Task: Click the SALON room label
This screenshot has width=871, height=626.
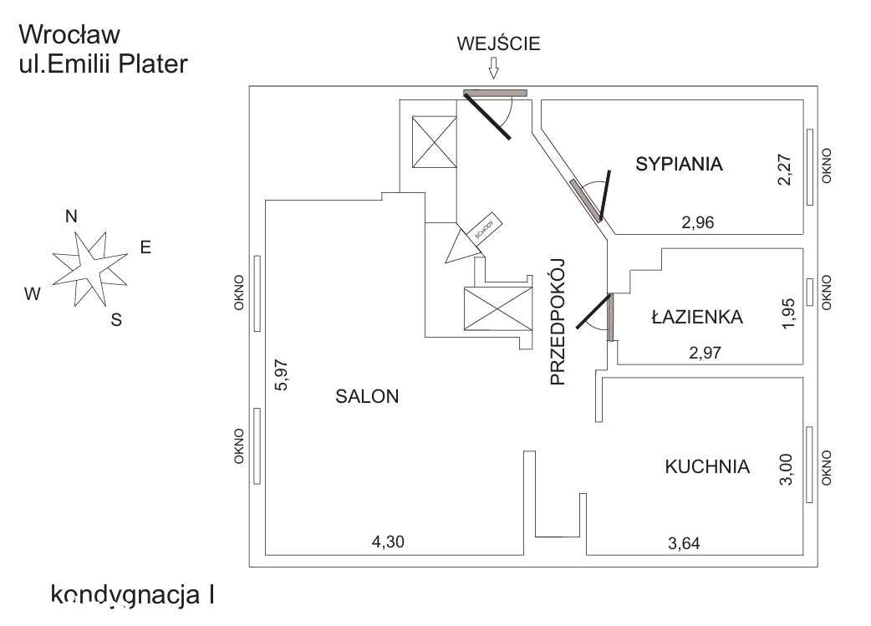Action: pyautogui.click(x=368, y=397)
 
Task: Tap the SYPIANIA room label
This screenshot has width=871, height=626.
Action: pyautogui.click(x=679, y=164)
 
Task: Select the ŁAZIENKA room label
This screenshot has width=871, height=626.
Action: pyautogui.click(x=696, y=317)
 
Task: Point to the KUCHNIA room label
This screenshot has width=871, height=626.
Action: pyautogui.click(x=707, y=466)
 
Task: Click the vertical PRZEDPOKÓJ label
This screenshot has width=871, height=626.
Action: pyautogui.click(x=558, y=321)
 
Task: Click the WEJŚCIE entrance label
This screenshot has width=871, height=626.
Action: pyautogui.click(x=498, y=44)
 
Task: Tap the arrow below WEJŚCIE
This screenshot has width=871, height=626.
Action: pyautogui.click(x=494, y=68)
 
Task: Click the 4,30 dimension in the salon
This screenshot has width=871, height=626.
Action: pyautogui.click(x=387, y=542)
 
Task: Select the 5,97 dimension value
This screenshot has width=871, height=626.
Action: pyautogui.click(x=281, y=375)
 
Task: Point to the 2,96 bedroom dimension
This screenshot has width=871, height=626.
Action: pyautogui.click(x=699, y=222)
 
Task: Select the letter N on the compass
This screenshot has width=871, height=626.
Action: pyautogui.click(x=72, y=216)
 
